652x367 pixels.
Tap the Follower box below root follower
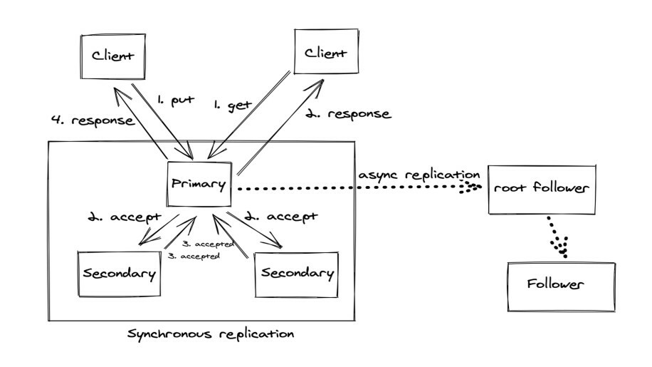click(561, 285)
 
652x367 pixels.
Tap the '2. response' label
click(348, 114)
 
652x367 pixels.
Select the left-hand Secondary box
click(120, 274)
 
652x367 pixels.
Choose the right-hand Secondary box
click(295, 274)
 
